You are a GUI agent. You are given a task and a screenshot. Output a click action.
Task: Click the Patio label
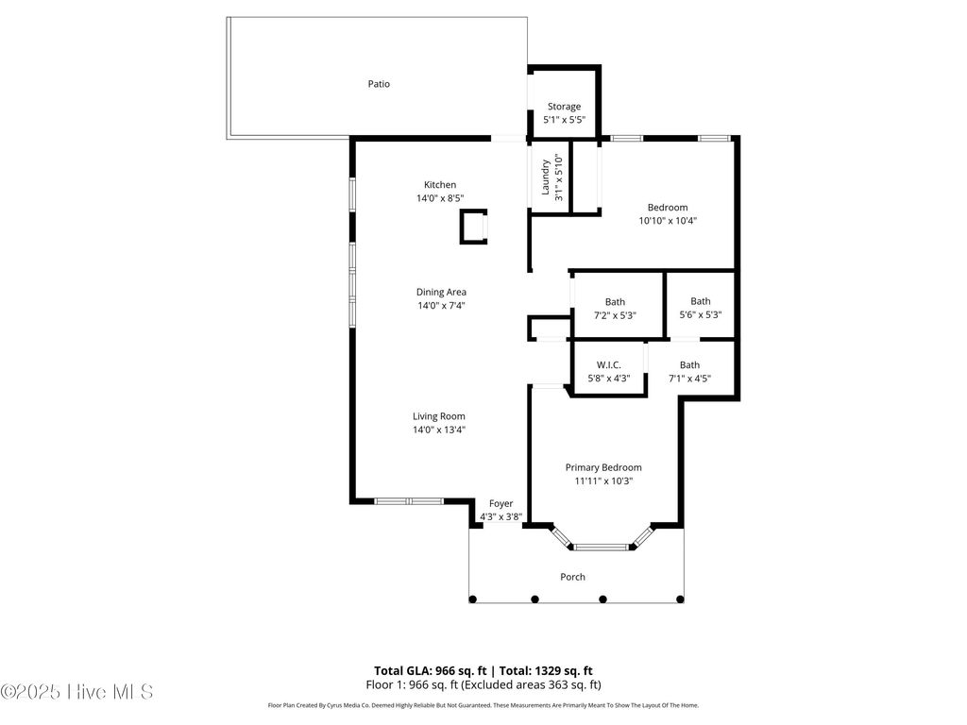point(379,84)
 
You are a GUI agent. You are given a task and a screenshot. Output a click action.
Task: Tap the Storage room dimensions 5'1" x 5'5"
point(564,121)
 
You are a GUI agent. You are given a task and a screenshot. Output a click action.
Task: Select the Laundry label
point(546,177)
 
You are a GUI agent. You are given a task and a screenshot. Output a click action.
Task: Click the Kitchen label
point(440,185)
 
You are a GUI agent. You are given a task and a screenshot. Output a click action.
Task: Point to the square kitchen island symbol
point(474,228)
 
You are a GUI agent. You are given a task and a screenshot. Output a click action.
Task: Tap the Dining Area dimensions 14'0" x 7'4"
point(441,306)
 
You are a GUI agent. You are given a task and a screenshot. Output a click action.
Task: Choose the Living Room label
point(439,416)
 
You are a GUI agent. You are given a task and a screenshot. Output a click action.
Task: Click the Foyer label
point(500,504)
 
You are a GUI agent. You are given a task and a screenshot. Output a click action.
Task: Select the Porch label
point(572,577)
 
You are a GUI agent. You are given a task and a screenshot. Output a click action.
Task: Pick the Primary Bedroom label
point(603,467)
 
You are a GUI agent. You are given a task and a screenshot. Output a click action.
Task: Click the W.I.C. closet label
point(609,364)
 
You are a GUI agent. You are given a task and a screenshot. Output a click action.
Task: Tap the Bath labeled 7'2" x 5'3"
point(615,302)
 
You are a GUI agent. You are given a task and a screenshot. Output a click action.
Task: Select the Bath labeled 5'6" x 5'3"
point(700,302)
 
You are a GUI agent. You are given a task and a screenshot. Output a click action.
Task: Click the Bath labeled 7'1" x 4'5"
point(689,365)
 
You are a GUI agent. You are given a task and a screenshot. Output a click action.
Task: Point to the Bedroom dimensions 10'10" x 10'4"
point(668,221)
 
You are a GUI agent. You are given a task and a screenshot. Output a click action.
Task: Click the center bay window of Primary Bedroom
point(602,546)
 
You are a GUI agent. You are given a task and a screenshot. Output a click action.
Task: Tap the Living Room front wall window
point(409,500)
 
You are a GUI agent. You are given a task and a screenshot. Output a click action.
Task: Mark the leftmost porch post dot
point(474,599)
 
